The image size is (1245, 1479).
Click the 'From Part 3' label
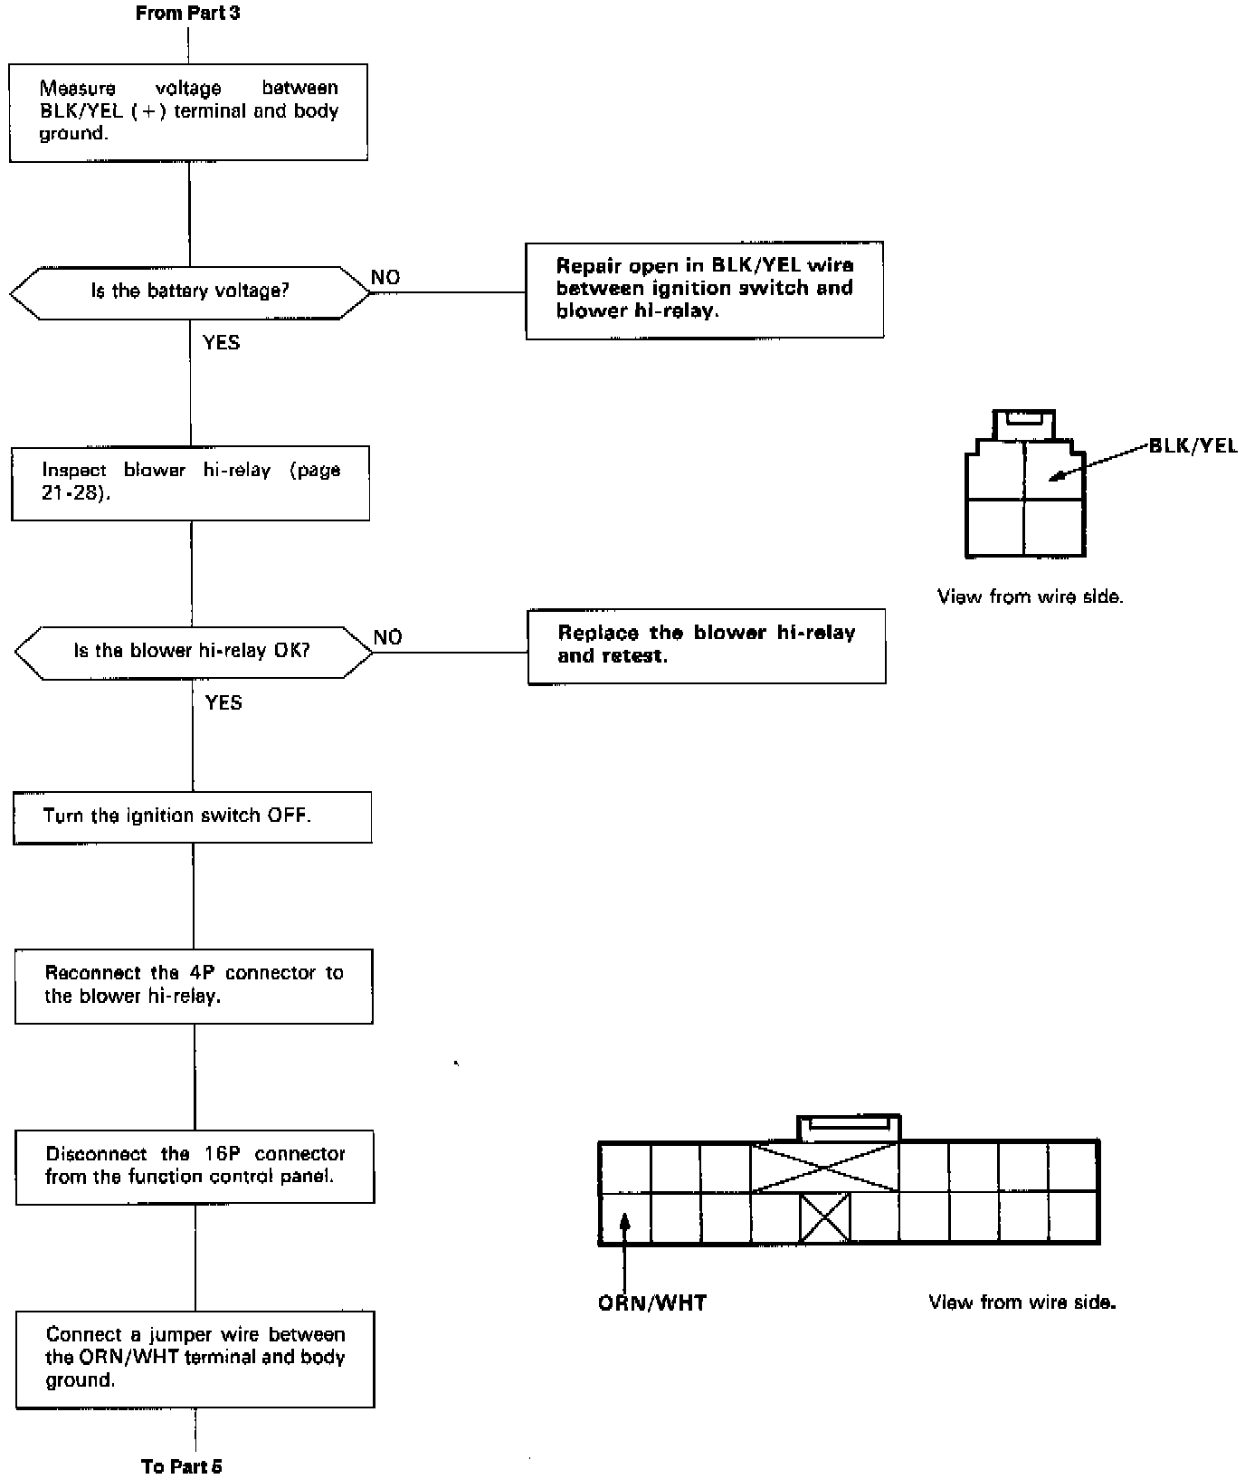pos(187,14)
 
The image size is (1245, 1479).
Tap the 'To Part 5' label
pos(182,1466)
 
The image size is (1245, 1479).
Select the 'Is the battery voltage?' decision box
pos(190,291)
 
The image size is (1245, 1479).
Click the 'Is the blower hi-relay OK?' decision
pos(193,651)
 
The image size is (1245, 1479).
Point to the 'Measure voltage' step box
pos(188,112)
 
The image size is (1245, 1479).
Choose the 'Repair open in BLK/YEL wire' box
pos(704,290)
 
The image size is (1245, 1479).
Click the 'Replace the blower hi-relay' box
pos(706,645)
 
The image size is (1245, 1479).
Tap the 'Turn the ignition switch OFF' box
pos(192,816)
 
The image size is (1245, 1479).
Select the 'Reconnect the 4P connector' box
pos(194,986)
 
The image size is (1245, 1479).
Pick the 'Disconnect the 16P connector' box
pos(195,1166)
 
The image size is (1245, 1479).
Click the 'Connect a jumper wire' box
pos(195,1358)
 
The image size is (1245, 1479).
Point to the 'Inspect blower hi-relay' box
pos(190,482)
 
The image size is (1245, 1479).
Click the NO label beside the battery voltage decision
pos(385,278)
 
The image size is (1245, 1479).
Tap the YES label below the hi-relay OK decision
pos(223,703)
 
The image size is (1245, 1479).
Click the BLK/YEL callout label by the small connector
pos(1193,446)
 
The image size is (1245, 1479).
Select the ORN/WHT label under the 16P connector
pos(652,1303)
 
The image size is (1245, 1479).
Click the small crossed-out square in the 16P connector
pos(824,1217)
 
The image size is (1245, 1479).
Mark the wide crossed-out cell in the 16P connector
pos(824,1167)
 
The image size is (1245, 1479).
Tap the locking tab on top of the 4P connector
pos(1023,424)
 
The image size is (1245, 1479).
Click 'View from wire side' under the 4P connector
pos(1030,597)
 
